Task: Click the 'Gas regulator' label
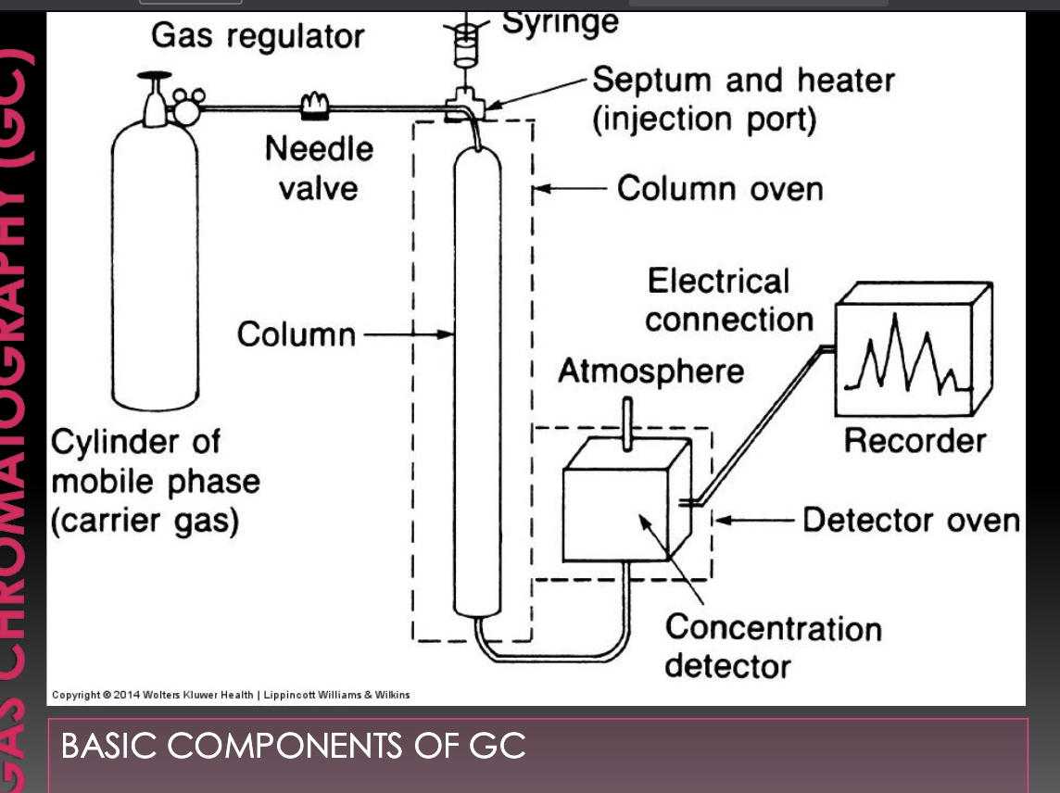[258, 36]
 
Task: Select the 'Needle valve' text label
[319, 168]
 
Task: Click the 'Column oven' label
[719, 189]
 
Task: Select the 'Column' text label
[296, 334]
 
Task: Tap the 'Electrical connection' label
[728, 300]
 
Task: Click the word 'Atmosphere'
[650, 371]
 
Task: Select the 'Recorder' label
[915, 440]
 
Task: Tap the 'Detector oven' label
[910, 520]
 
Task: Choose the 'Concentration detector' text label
[772, 646]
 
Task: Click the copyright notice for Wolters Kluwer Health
[231, 695]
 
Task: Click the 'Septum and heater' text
[743, 81]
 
